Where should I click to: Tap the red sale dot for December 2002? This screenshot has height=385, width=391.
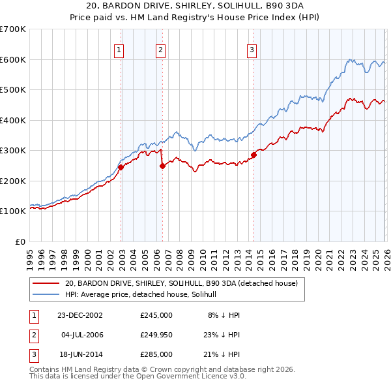pyautogui.click(x=121, y=167)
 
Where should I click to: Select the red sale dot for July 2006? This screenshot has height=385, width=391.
pyautogui.click(x=162, y=166)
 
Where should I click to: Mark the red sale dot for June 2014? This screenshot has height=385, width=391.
pyautogui.click(x=253, y=155)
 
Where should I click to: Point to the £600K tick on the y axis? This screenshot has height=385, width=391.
pyautogui.click(x=13, y=59)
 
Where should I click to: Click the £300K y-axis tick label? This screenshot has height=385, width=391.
pyautogui.click(x=13, y=150)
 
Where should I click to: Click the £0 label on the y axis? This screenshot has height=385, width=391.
pyautogui.click(x=21, y=241)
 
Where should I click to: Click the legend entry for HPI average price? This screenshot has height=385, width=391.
pyautogui.click(x=145, y=294)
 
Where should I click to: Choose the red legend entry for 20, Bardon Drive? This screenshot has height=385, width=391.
pyautogui.click(x=181, y=283)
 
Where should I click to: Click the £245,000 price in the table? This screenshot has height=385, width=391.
pyautogui.click(x=156, y=315)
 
